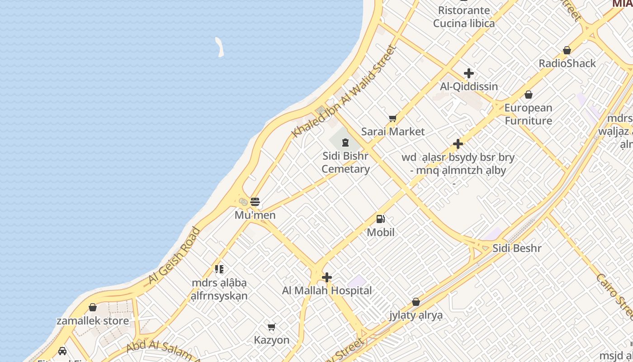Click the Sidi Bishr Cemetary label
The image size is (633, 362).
346,162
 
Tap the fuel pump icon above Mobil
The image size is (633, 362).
381,219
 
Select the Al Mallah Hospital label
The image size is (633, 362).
327,291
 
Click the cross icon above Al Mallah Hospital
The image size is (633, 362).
327,277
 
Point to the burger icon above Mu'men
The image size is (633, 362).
255,202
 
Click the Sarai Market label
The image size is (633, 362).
393,132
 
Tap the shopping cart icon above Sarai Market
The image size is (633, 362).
392,119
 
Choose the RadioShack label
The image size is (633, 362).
567,63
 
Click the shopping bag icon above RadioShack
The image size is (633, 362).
567,50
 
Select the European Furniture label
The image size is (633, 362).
528,114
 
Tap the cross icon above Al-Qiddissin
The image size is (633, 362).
469,73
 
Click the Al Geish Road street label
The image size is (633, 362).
175,256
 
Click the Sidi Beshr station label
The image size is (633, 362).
517,248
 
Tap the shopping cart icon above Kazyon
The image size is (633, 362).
271,327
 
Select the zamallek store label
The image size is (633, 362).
93,321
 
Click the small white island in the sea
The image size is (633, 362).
220,47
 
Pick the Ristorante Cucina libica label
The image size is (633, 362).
464,17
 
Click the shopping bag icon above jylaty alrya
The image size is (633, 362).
416,302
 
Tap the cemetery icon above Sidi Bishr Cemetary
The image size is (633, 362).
346,143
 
